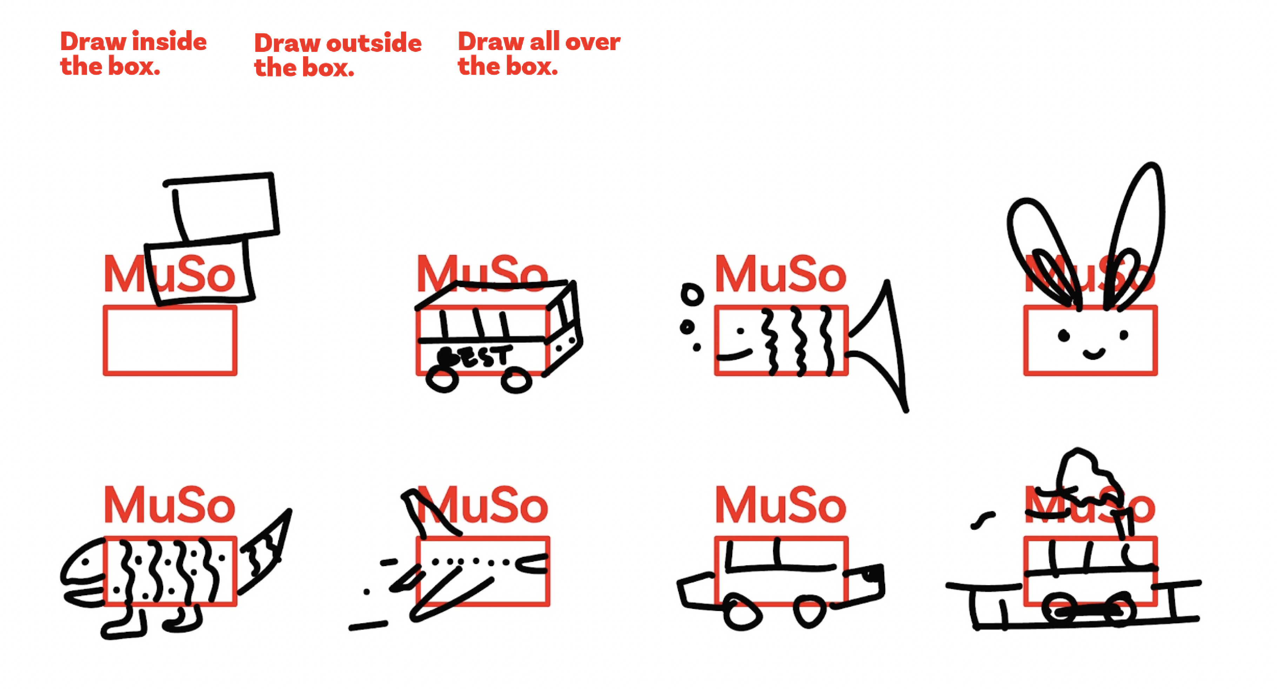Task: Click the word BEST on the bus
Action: point(473,357)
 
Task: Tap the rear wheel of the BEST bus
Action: point(442,380)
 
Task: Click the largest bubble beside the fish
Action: point(691,295)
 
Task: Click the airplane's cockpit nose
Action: point(533,564)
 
